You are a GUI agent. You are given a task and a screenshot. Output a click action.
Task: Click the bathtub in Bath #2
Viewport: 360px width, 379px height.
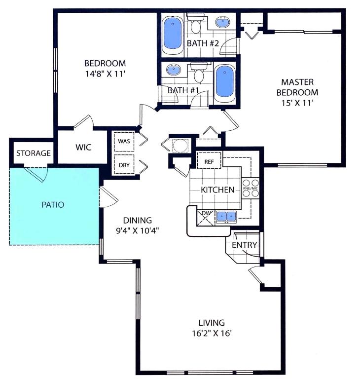point(173,33)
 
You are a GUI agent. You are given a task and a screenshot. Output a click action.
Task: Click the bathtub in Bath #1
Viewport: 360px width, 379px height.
point(225,82)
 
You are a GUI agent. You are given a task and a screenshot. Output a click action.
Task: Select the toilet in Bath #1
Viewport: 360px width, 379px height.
point(199,75)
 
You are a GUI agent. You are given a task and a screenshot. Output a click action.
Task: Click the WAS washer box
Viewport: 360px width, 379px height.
point(123,141)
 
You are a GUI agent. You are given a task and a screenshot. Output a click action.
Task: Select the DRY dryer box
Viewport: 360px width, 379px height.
point(123,165)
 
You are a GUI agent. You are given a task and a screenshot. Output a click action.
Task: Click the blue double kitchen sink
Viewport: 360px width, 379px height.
point(226,216)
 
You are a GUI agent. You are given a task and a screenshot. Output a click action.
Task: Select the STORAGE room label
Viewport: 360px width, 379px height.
point(34,153)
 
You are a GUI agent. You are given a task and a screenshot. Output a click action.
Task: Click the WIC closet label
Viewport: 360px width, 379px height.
point(83,147)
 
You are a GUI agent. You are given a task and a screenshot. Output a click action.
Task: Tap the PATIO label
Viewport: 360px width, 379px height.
point(53,204)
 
